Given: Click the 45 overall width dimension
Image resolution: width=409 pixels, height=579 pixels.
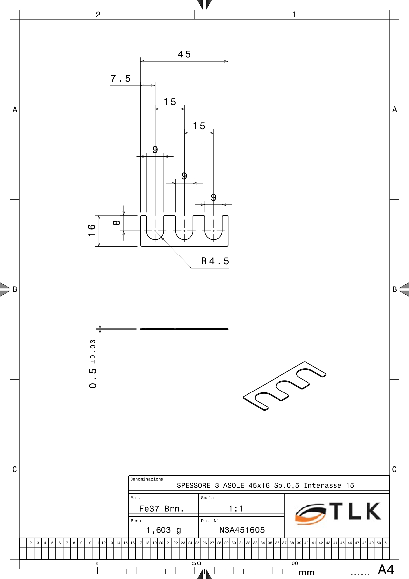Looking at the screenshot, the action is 184,54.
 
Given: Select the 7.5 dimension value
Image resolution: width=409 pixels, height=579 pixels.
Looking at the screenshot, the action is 121,79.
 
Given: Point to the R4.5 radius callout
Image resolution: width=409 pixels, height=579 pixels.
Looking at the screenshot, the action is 215,261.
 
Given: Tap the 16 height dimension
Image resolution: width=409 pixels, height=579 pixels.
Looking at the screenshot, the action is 92,230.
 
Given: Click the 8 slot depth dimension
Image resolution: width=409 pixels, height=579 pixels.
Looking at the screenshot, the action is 116,223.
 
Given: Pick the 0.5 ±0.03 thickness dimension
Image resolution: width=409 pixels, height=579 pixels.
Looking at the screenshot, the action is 93,364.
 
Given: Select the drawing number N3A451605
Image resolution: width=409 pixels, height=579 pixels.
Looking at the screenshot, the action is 242,530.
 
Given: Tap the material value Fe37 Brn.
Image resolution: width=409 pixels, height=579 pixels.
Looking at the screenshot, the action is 161,509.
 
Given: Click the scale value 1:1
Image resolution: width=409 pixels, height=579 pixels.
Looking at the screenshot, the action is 236,509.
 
